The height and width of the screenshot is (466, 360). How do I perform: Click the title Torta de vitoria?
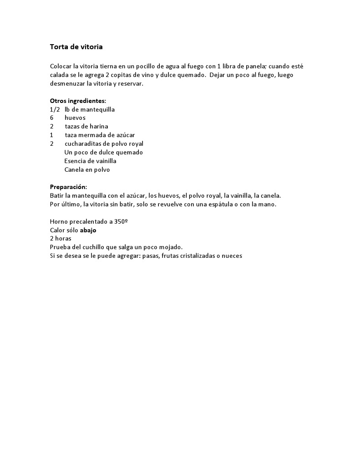(x=76, y=46)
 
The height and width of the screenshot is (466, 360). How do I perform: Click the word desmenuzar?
(x=67, y=84)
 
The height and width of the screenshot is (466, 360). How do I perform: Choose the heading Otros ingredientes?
(x=78, y=101)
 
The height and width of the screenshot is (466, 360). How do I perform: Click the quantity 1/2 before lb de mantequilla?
(x=55, y=109)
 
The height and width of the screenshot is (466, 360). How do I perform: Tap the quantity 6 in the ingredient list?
(x=52, y=118)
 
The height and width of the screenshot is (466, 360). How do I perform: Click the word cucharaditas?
(x=83, y=143)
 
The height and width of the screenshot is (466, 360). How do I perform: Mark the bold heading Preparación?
(x=68, y=187)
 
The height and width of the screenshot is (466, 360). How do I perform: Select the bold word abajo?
(x=88, y=230)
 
